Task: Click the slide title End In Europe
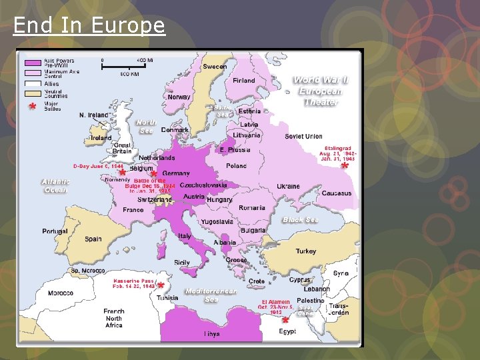tap(89, 25)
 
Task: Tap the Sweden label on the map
tap(215, 67)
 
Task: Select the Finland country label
tap(244, 81)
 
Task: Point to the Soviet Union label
tap(303, 137)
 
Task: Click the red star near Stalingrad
tap(345, 167)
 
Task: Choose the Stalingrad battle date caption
tap(339, 154)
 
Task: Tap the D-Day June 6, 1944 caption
tap(98, 165)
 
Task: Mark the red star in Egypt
tap(285, 321)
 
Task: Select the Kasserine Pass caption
tap(134, 283)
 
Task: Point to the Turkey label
tap(306, 251)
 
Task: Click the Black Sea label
tap(300, 220)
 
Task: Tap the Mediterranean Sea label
tap(211, 295)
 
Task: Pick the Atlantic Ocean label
tap(55, 185)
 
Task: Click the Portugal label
tap(55, 231)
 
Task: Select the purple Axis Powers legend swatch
tap(33, 62)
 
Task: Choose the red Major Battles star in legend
tap(31, 107)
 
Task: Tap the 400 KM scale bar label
tap(129, 74)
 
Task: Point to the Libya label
tap(212, 333)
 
